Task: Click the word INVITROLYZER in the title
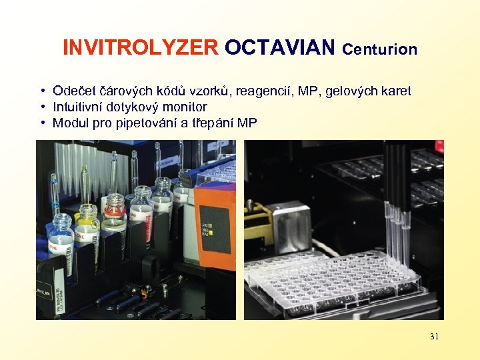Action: coord(140,48)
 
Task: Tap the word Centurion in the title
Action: coord(380,49)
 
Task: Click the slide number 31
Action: coord(434,337)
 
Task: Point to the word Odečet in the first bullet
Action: coord(75,91)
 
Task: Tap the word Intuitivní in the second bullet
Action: coord(79,107)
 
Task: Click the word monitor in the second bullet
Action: coord(183,107)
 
